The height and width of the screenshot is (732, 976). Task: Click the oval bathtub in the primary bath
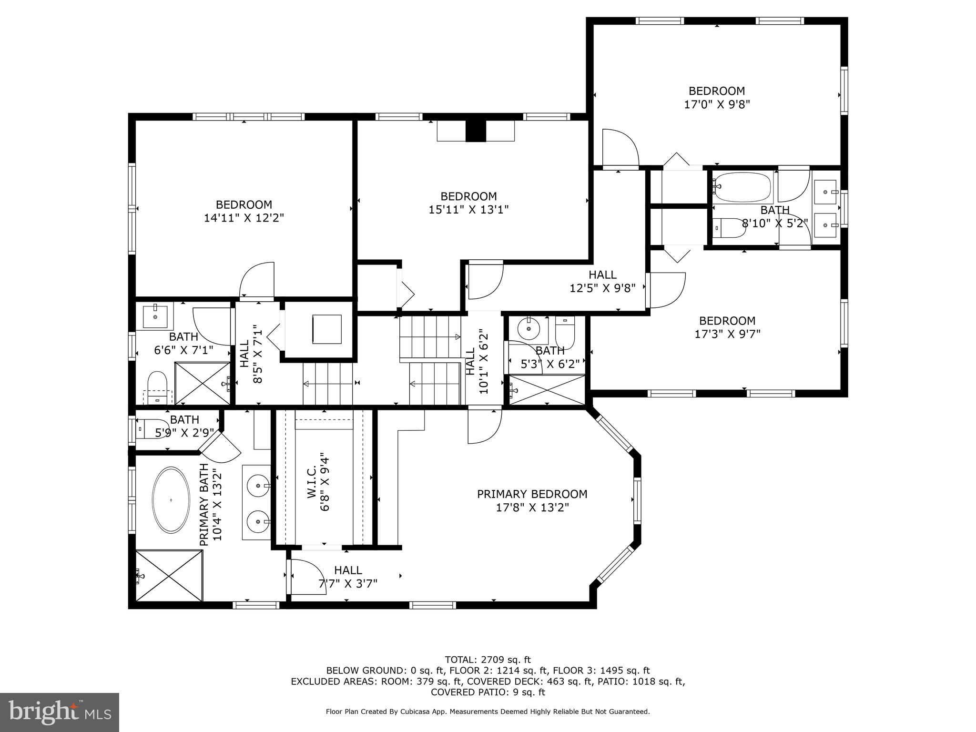(171, 500)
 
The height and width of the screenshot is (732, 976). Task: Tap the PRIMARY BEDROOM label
(532, 494)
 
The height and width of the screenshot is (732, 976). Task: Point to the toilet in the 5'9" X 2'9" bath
(150, 428)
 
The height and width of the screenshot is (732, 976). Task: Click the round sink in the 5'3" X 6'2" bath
(528, 328)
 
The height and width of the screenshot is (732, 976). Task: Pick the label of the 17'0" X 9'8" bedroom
(716, 91)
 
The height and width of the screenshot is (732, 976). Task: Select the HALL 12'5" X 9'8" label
(602, 274)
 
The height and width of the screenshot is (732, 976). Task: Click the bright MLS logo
(60, 712)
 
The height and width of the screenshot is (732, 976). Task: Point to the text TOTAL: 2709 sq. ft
(488, 660)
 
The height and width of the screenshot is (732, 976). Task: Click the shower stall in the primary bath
(169, 576)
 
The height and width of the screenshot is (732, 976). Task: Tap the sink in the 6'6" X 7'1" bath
(155, 316)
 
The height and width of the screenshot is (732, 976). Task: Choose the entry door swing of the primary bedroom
(484, 426)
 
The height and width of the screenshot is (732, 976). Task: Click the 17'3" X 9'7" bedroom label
(727, 321)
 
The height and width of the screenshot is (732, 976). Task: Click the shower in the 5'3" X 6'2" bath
(547, 390)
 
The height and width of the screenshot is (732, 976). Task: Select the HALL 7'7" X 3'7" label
(348, 570)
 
